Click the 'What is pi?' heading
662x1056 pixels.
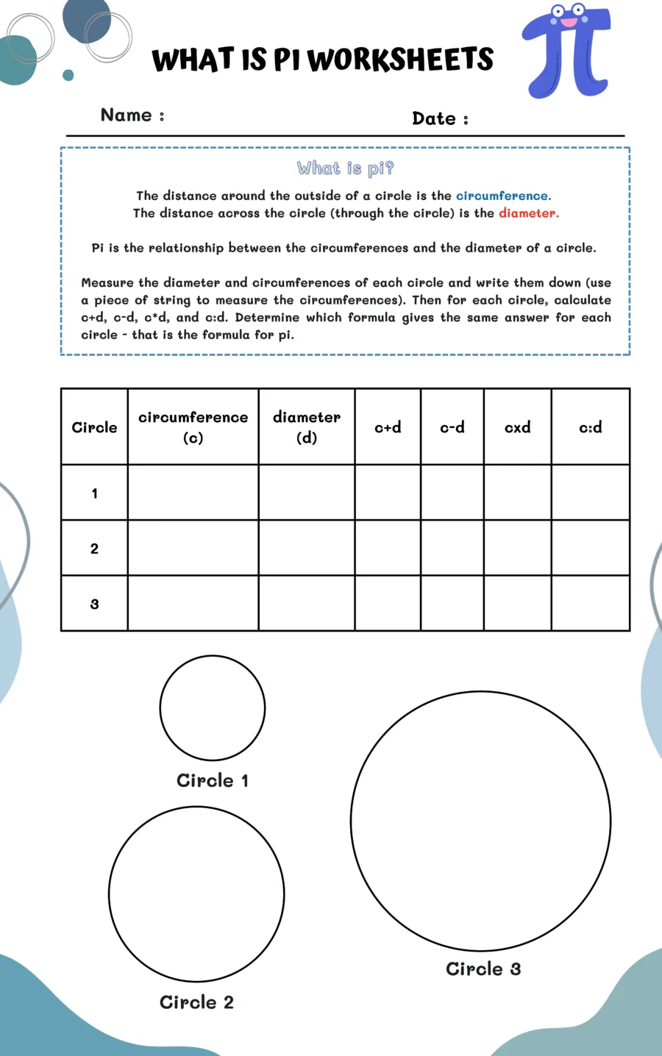click(x=345, y=168)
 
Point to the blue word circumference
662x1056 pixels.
click(x=502, y=196)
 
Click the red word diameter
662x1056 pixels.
click(x=528, y=213)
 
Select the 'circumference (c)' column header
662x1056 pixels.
click(x=193, y=427)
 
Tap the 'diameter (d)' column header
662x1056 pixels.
click(x=306, y=427)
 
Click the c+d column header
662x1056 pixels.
click(x=388, y=427)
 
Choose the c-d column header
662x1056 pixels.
click(x=452, y=427)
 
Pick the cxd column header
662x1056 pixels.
click(x=517, y=427)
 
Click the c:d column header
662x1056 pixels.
click(x=590, y=427)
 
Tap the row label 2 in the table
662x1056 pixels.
click(x=94, y=549)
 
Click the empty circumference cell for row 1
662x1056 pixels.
click(x=193, y=493)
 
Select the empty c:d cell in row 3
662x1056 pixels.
click(x=590, y=603)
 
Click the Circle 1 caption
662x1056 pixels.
click(x=212, y=780)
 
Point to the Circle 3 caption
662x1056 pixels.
click(x=483, y=968)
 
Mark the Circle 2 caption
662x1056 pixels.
click(x=196, y=1002)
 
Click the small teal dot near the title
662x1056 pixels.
click(x=68, y=75)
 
